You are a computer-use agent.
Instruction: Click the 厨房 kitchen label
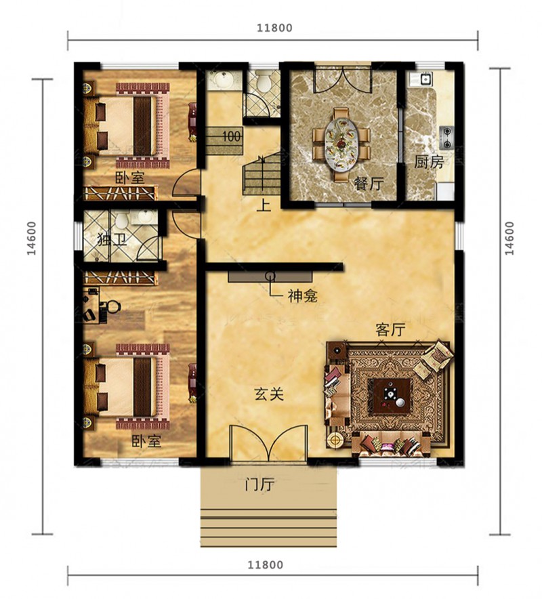click(429, 163)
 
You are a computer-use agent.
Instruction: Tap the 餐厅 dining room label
click(368, 184)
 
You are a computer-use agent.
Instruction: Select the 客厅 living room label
click(390, 329)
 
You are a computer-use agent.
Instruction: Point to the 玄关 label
click(269, 394)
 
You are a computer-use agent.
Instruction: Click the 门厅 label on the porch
click(259, 485)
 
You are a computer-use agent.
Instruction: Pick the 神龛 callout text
click(303, 296)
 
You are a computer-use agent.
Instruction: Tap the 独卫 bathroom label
click(112, 241)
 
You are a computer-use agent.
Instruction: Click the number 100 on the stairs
click(232, 136)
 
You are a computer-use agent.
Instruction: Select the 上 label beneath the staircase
click(264, 205)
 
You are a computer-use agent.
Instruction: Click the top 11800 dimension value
click(274, 28)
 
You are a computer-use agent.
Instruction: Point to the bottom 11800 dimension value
click(266, 564)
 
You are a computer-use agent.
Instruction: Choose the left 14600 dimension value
click(32, 239)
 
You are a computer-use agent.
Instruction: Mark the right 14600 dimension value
click(509, 239)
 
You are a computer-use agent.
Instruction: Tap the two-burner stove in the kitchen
click(446, 138)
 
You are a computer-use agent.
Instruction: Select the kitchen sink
click(425, 79)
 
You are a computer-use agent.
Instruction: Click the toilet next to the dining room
click(263, 81)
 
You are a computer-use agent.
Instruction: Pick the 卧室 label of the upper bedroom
click(130, 178)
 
